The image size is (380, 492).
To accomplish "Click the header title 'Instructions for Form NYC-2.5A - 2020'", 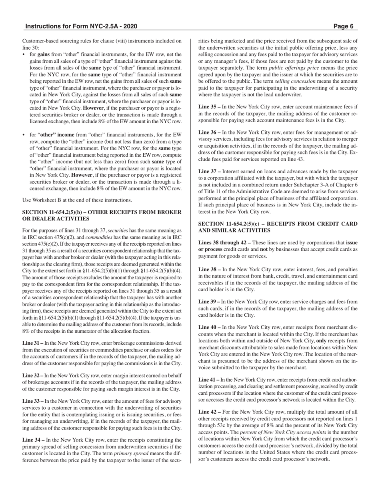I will pos(81,26).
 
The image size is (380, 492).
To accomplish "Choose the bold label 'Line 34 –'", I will pos(34,440).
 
